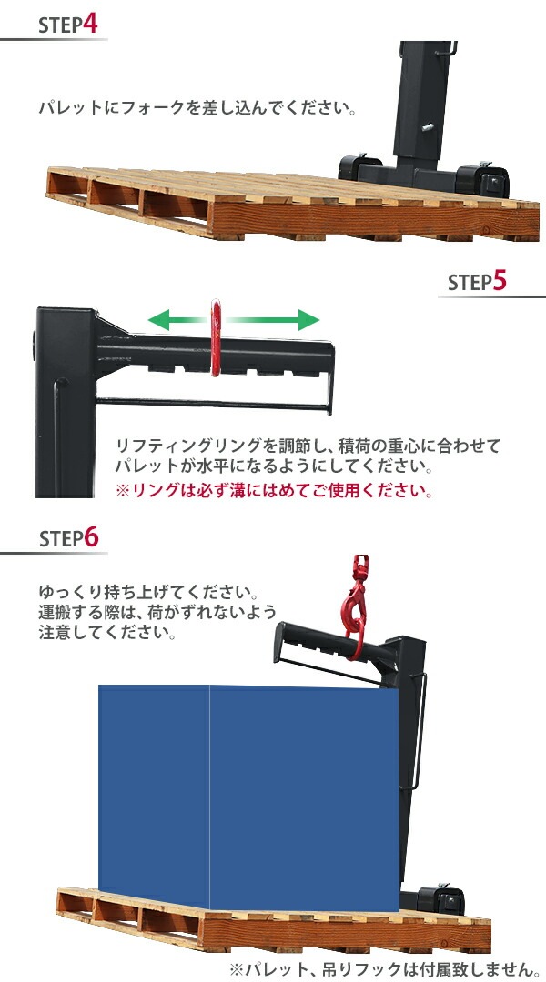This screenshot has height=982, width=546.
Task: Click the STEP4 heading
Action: (x=67, y=25)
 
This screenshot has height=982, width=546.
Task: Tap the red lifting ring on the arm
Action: (x=217, y=339)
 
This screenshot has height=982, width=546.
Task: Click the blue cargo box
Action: (x=248, y=791)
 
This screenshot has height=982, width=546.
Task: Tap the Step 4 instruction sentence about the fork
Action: (x=197, y=108)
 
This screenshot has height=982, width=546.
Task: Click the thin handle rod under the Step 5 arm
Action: (x=209, y=400)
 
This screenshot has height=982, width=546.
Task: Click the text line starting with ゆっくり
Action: (x=149, y=588)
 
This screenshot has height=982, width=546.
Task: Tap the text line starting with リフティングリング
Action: (x=308, y=446)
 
